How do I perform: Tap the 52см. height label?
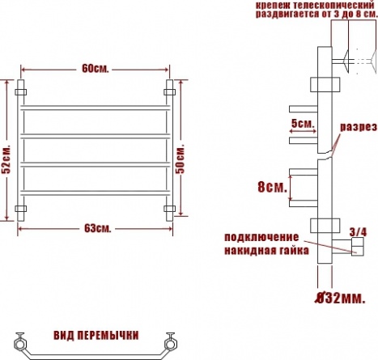coord(6,159)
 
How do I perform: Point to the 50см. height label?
coord(181,159)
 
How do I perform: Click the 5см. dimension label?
coord(303,124)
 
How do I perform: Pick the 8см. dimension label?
coord(272,187)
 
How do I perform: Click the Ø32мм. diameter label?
coord(341,299)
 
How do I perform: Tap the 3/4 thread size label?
coord(358,232)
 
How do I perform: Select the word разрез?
coord(358,127)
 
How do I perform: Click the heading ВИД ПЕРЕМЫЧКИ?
coord(96,336)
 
